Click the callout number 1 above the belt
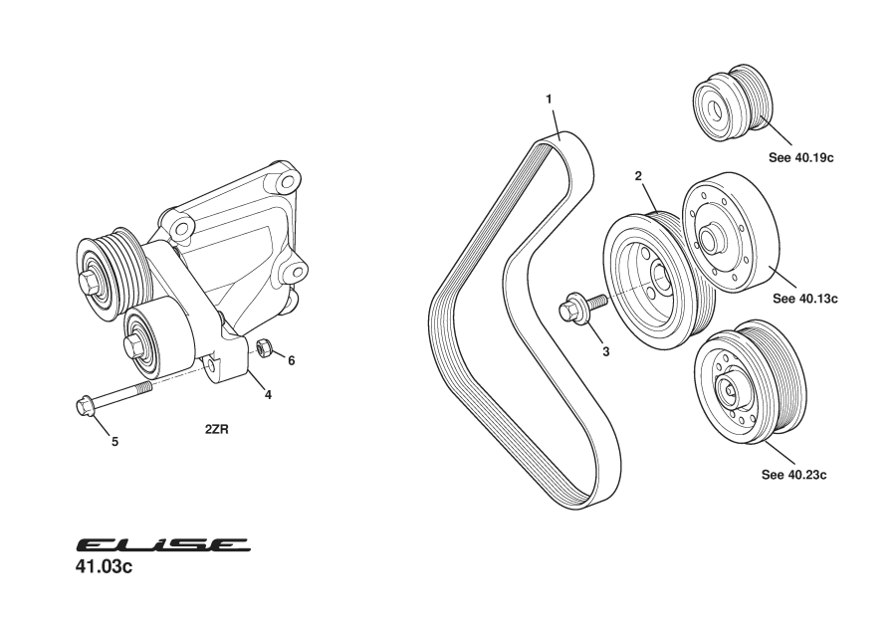[549, 99]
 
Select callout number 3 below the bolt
[604, 351]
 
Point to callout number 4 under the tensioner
[268, 394]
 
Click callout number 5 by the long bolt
[114, 440]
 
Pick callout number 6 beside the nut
[292, 360]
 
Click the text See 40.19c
[801, 157]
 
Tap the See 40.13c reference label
[804, 298]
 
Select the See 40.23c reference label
[794, 475]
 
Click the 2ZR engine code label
[218, 430]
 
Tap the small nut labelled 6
[265, 347]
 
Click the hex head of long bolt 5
[85, 406]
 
